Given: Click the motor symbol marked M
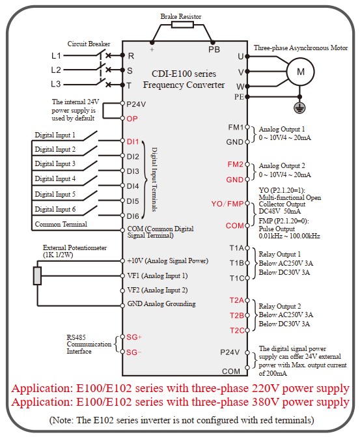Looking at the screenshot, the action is pos(300,72).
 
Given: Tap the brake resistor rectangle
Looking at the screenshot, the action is pos(182,25).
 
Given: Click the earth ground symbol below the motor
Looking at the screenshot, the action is pos(299,107).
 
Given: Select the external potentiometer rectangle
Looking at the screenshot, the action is pos(37,275).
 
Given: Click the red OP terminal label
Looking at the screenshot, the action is pos(132,119).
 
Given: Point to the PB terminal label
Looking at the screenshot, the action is pos(214,49).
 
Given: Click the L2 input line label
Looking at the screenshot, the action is pos(56,70).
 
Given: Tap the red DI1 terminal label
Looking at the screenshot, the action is pos(133,141).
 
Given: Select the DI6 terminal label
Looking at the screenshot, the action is pos(133,216).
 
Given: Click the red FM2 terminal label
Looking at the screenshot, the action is pos(236,164).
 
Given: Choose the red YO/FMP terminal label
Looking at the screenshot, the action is pos(227,204).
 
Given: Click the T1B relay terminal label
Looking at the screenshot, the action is pos(237,263).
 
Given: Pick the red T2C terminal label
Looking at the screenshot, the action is pos(237,331).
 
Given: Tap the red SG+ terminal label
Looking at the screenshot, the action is pos(134,337).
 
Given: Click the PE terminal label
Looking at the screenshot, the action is pos(239,96).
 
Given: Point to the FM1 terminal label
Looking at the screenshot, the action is pos(236,128).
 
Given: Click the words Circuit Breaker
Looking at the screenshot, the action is pos(89,44).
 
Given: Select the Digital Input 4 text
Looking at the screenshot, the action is pos(55,178).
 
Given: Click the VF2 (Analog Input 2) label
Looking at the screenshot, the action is pos(158,290).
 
